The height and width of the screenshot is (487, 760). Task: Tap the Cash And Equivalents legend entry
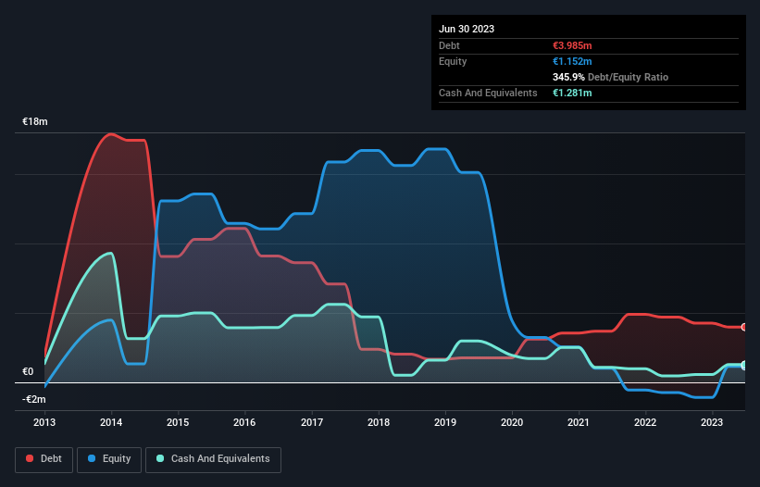[x=213, y=458]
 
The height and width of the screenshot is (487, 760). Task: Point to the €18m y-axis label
[x=35, y=122]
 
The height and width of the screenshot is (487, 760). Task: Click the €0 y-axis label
[x=28, y=371]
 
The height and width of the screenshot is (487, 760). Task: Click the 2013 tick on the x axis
[x=44, y=422]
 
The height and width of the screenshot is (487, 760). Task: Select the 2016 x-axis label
[x=244, y=422]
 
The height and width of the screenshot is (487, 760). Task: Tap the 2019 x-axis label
[x=445, y=422]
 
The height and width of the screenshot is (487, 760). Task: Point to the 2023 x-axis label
[x=712, y=422]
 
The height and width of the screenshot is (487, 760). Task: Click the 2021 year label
[x=579, y=422]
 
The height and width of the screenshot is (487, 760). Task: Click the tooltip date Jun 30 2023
[x=467, y=29]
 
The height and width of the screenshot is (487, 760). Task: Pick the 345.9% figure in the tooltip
[x=571, y=78]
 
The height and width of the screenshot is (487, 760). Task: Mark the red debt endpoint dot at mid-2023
[x=744, y=327]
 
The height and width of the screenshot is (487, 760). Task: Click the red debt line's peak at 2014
[x=112, y=134]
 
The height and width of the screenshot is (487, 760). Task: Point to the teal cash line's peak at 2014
[x=112, y=253]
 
